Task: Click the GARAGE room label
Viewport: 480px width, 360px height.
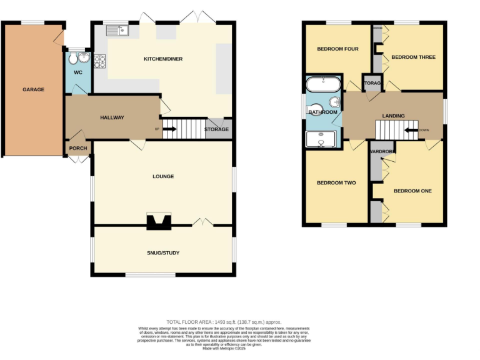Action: click(33, 89)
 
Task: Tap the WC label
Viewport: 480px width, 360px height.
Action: click(77, 72)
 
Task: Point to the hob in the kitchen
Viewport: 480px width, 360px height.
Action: click(99, 61)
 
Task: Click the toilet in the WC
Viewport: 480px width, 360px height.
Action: click(74, 59)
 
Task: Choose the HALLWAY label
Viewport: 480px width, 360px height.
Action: click(112, 117)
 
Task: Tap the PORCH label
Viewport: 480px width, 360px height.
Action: click(78, 148)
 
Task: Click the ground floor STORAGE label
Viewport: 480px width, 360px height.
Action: click(217, 130)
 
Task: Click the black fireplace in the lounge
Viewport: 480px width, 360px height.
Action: click(157, 222)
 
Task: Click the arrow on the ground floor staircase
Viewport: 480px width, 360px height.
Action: click(170, 130)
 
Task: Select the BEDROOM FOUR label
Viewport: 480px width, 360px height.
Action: click(337, 49)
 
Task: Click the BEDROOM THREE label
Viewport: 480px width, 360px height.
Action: click(413, 57)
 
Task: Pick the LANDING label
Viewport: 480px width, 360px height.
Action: click(393, 116)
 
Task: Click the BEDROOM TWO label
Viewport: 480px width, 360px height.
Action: click(336, 183)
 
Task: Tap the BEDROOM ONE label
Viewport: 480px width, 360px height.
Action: click(413, 191)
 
